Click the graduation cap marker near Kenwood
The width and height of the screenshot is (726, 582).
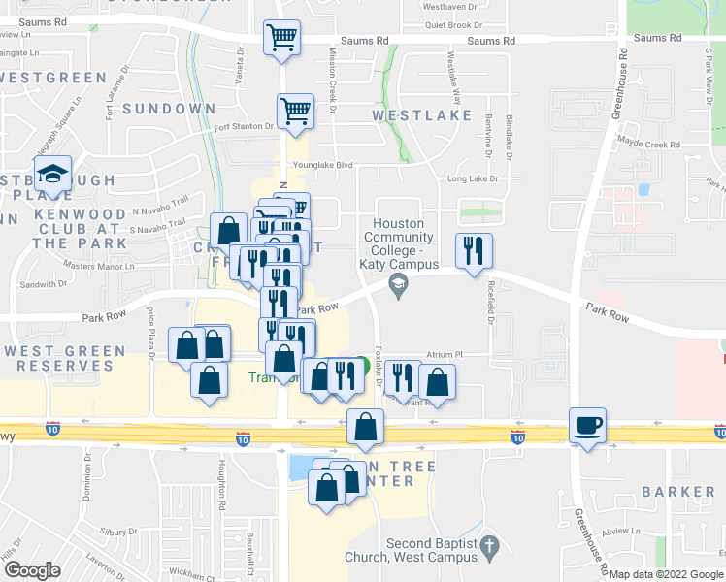(x=53, y=176)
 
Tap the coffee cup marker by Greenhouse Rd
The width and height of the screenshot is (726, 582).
(x=588, y=426)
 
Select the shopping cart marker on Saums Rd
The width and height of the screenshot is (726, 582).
(x=281, y=40)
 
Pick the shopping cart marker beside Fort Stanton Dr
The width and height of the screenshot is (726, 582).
(x=295, y=111)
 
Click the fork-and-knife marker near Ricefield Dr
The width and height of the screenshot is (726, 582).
(x=474, y=250)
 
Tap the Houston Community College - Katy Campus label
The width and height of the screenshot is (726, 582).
(x=400, y=243)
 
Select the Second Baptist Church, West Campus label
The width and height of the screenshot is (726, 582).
(x=432, y=550)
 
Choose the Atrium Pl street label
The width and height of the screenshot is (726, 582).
(x=446, y=356)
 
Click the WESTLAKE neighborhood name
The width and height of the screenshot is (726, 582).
(x=415, y=115)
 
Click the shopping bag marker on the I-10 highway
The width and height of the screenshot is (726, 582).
(x=365, y=428)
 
